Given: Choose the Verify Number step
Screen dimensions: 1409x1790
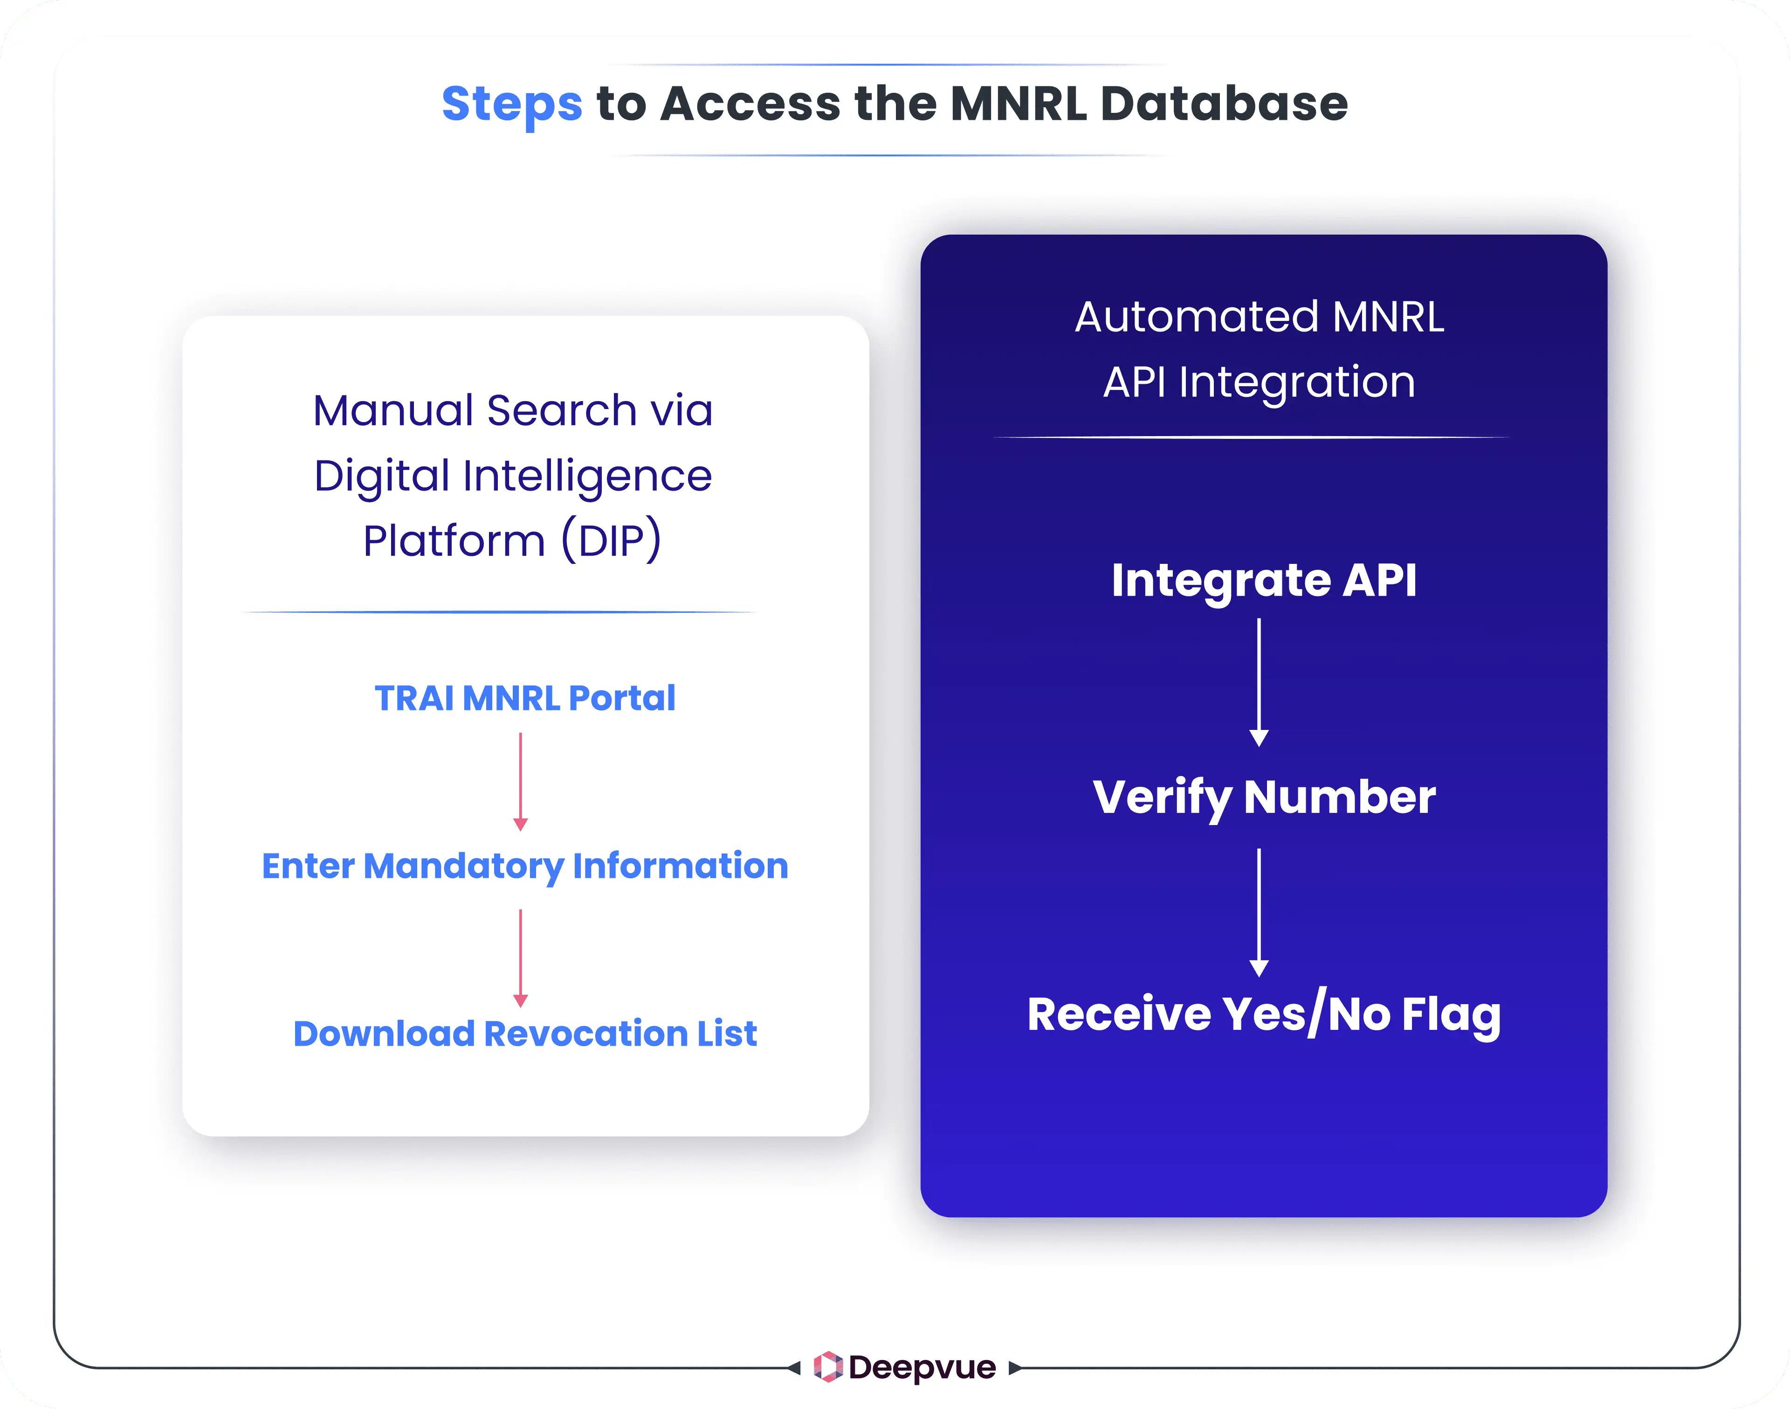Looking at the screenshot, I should coord(1263,797).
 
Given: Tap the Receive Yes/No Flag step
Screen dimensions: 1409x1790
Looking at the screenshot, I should coord(1263,1015).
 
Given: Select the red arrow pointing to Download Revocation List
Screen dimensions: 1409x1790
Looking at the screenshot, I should coord(520,957).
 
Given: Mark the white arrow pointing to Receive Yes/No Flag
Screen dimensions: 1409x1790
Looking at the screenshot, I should coord(1259,911).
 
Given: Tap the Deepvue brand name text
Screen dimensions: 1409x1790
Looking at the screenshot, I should coord(922,1367).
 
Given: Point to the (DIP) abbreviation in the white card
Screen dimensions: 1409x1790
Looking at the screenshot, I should coord(611,541).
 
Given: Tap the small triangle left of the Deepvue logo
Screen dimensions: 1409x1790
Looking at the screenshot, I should coord(794,1368).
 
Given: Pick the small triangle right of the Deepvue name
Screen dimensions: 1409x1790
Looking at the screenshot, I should coord(1015,1368).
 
